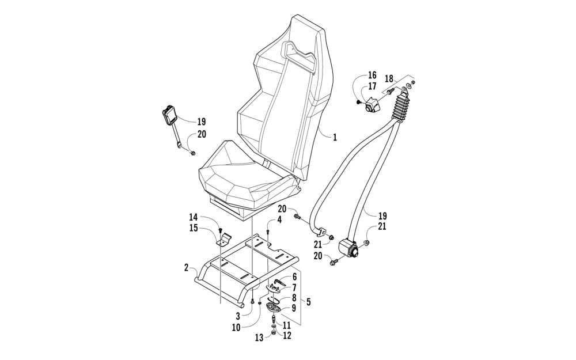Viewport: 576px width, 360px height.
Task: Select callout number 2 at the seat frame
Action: pos(186,267)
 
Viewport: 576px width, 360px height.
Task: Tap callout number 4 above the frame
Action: pos(279,219)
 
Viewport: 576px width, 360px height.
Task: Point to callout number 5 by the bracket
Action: pos(309,301)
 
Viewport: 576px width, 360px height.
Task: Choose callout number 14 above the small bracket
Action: pos(194,217)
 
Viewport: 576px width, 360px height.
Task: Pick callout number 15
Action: pos(194,228)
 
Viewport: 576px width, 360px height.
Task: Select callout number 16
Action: pos(372,75)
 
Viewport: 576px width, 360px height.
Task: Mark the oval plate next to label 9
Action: pos(275,307)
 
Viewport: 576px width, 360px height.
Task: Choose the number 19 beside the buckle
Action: pos(201,122)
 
